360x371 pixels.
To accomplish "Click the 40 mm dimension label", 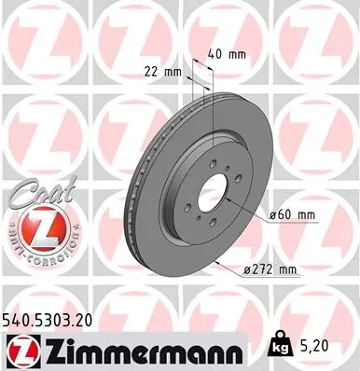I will tap(228, 54).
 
